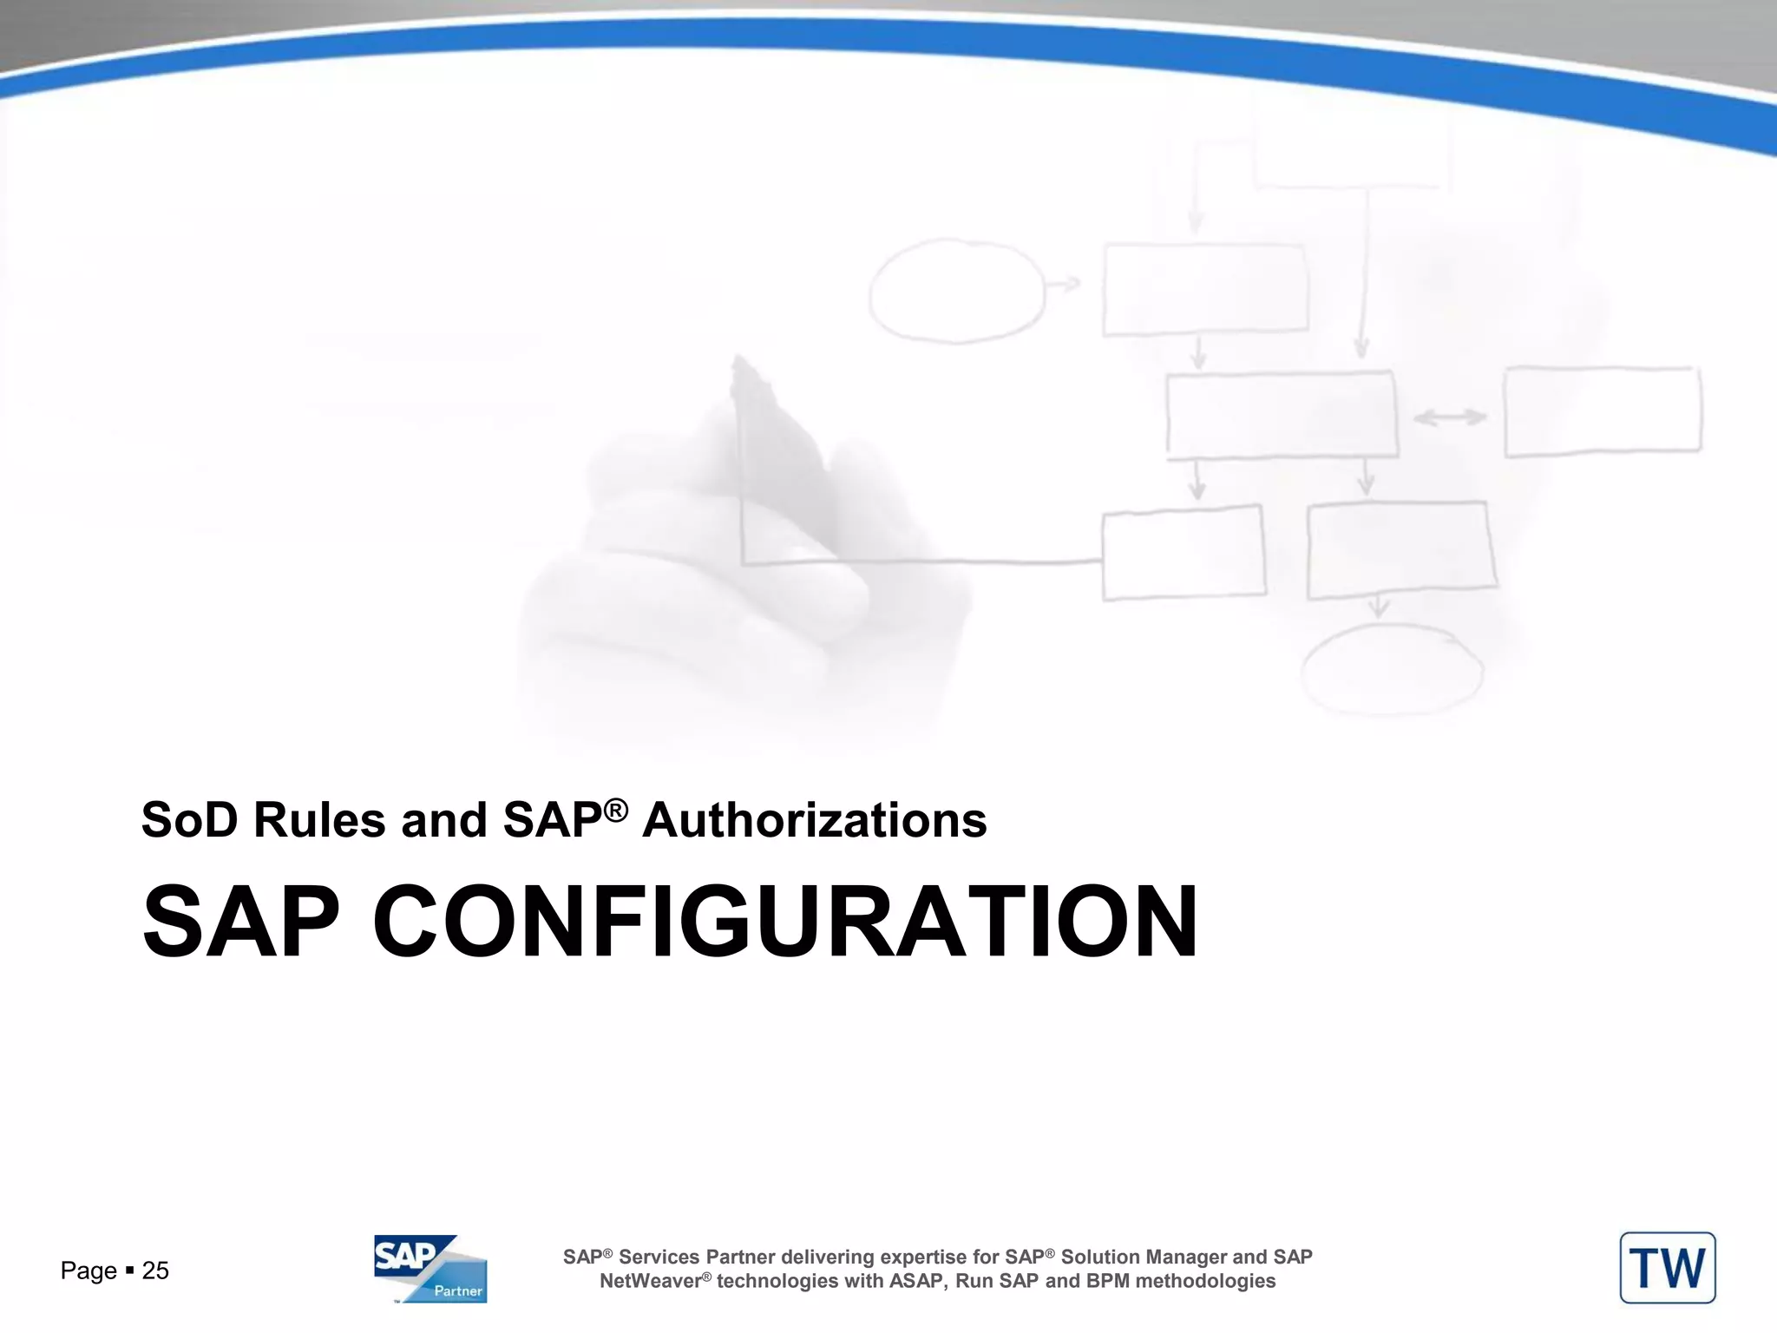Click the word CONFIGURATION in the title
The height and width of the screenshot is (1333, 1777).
785,922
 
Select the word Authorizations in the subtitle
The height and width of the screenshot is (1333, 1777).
814,820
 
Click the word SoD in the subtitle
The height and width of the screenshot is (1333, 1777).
189,820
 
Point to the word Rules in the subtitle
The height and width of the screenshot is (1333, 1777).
318,820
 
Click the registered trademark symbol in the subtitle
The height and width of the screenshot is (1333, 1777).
615,811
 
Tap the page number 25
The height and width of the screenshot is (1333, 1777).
155,1271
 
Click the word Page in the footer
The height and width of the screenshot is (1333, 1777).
89,1271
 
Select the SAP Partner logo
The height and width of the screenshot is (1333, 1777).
430,1268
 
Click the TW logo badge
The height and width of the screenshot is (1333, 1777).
1667,1268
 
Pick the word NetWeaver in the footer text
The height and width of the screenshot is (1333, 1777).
651,1281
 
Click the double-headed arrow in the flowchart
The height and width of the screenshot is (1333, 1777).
1450,417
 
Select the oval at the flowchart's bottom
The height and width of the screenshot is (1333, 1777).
1392,670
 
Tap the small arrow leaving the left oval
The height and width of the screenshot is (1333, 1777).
1064,284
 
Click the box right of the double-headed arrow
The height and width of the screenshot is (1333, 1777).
1603,411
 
